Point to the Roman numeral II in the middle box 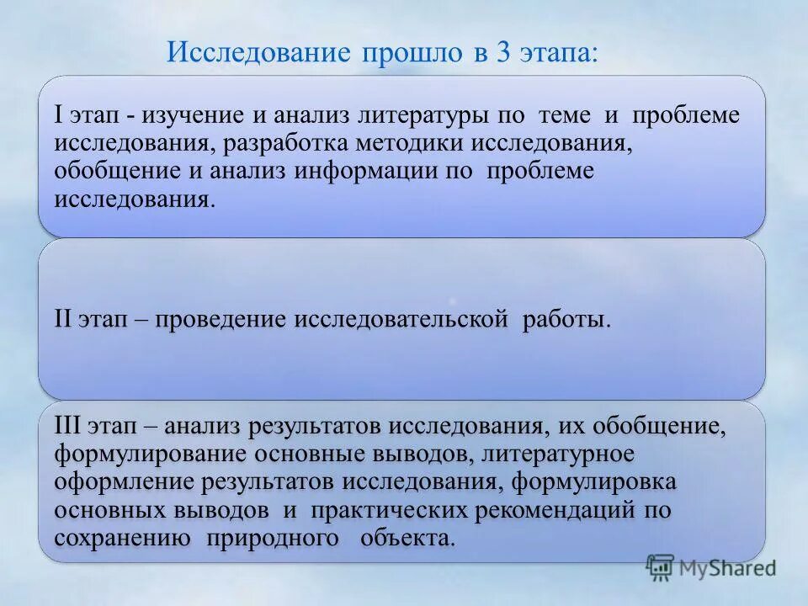coord(63,320)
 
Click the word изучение coord(197,115)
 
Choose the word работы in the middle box coord(563,320)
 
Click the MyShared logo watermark coord(712,567)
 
